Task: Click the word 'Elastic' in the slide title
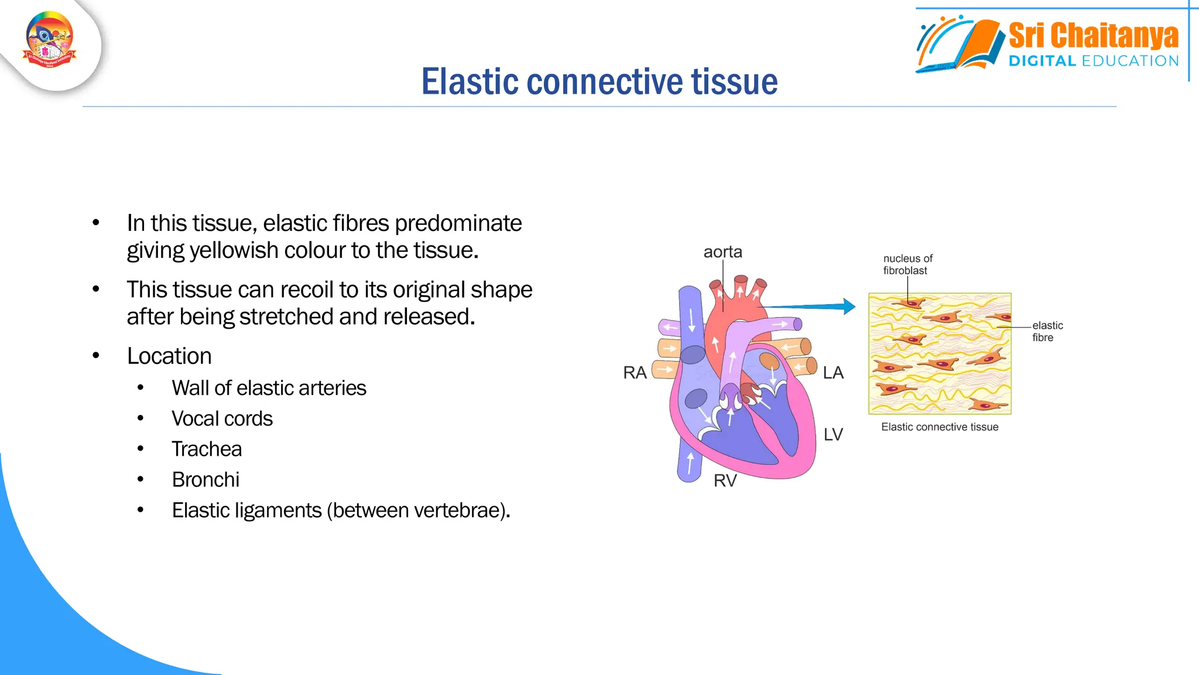[x=470, y=81]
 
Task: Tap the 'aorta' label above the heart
[x=722, y=252]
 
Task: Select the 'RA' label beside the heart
[x=635, y=373]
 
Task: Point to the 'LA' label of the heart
[x=833, y=373]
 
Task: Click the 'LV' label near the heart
[x=833, y=434]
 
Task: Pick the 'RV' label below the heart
[x=725, y=480]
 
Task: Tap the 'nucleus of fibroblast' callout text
[x=907, y=264]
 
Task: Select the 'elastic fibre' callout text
[x=1047, y=331]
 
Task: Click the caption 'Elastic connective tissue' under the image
[x=940, y=427]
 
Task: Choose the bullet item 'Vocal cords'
[x=222, y=418]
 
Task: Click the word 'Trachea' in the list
[x=207, y=449]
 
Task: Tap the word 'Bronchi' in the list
[x=205, y=479]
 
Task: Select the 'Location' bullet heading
[x=169, y=356]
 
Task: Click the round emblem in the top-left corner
[x=50, y=40]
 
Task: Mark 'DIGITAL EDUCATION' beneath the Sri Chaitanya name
[x=1092, y=61]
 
